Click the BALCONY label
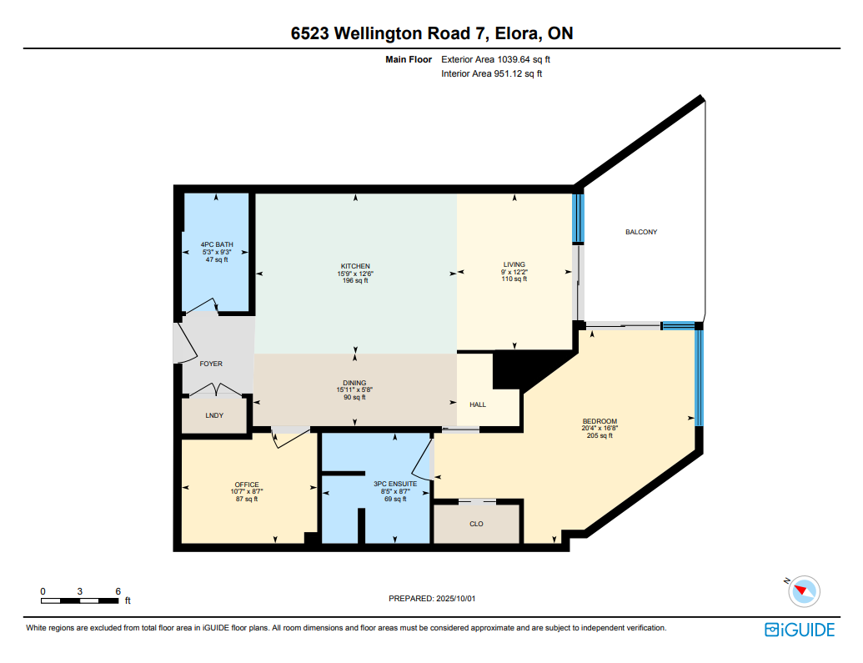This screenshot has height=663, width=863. [x=641, y=232]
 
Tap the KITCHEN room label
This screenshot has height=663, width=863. [x=355, y=266]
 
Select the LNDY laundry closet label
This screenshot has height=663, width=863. [x=214, y=415]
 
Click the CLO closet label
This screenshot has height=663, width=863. [x=476, y=524]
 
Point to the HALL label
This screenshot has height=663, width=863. [x=478, y=404]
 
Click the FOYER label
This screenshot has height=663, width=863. [x=211, y=364]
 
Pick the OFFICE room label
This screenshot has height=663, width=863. [x=247, y=485]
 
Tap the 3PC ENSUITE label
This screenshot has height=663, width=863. [x=395, y=484]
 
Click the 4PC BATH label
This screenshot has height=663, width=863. [x=217, y=244]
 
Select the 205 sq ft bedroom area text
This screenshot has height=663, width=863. [x=600, y=435]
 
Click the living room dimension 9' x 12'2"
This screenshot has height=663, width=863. [x=514, y=272]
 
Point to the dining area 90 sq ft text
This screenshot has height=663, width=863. [x=354, y=397]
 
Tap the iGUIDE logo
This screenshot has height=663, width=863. [x=800, y=630]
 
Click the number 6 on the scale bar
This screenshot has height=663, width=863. [x=118, y=591]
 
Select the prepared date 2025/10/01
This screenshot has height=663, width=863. [x=456, y=598]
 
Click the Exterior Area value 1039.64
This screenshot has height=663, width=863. [x=514, y=59]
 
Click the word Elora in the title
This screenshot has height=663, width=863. [x=516, y=33]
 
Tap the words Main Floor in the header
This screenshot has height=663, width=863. [x=409, y=59]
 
